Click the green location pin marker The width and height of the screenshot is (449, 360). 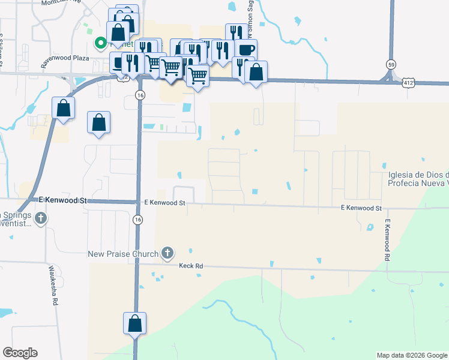pos(100,43)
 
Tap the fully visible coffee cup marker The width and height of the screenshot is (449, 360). pos(246,50)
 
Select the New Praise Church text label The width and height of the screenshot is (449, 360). pos(122,254)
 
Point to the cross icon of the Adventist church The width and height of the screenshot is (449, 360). pos(40,218)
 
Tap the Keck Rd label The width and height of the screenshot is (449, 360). pos(191,265)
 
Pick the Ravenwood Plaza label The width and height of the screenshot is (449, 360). pos(65,59)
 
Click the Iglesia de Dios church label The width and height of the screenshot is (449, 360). pos(418,179)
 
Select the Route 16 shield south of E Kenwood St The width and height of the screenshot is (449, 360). pos(137,220)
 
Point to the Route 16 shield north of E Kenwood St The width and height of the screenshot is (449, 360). pos(139,95)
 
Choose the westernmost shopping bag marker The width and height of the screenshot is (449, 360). pos(64,109)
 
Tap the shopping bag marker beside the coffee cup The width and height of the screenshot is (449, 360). pos(256,72)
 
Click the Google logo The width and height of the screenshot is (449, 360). pos(20,353)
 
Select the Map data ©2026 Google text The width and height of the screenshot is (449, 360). pos(412,355)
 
